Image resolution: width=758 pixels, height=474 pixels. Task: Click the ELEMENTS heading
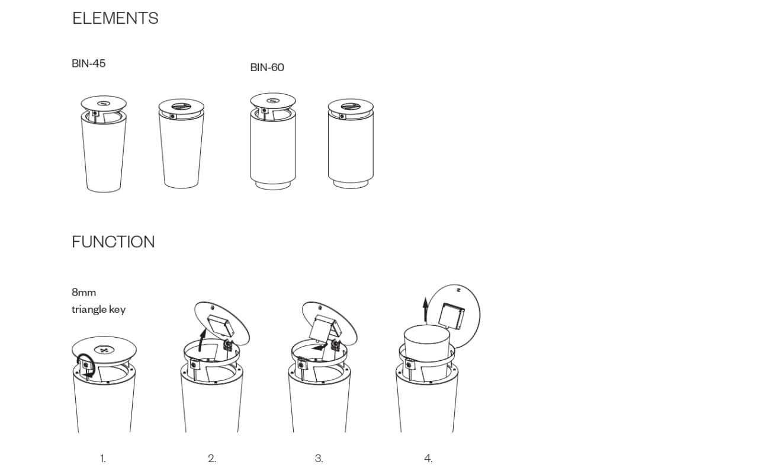(115, 18)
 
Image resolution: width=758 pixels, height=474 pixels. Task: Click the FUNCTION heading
(113, 242)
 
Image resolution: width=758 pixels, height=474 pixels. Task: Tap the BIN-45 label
(89, 63)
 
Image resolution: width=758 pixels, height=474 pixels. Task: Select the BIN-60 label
(267, 68)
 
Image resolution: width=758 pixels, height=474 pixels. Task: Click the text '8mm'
(84, 292)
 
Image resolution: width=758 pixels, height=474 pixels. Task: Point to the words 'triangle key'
(99, 309)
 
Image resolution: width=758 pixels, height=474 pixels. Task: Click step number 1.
(103, 459)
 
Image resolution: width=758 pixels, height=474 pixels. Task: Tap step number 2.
(212, 459)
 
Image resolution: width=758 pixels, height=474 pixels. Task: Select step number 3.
(319, 459)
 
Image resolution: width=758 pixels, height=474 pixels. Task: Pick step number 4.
(428, 459)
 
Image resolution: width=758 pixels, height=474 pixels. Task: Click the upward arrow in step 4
(426, 309)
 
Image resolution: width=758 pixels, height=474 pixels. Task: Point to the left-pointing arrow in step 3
(320, 347)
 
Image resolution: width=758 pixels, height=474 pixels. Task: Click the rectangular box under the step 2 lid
(221, 326)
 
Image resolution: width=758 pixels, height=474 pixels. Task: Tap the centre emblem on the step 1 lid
(104, 350)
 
